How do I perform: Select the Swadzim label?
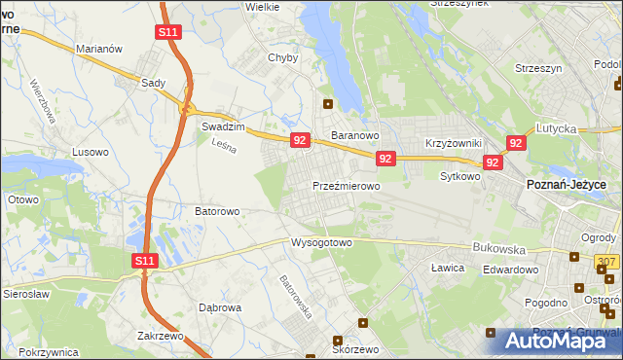(x=220, y=127)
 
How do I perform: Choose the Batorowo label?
(x=218, y=210)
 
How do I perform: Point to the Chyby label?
(x=282, y=57)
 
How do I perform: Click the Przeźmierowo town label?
(x=346, y=184)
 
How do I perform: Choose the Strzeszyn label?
(x=537, y=69)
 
